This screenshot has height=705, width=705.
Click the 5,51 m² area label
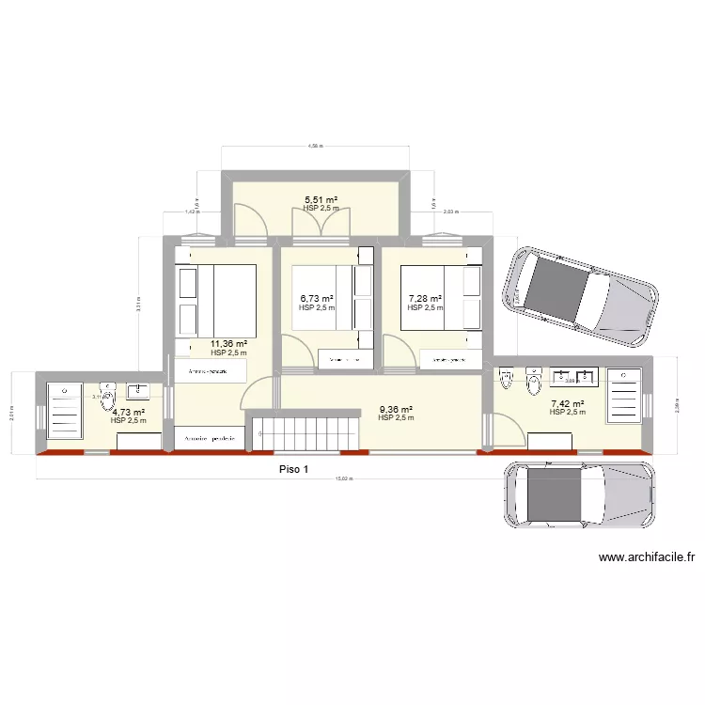321,199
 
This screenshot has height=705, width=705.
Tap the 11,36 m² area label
228,344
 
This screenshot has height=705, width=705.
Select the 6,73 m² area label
316,299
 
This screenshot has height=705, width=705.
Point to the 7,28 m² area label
425,299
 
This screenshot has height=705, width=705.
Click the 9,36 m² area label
396,409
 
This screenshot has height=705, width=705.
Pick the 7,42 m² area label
568,404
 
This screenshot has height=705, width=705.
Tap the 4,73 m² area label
128,412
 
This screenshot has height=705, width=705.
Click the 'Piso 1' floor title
293,470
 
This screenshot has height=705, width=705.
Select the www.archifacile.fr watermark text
646,557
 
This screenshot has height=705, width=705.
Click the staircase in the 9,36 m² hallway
303,433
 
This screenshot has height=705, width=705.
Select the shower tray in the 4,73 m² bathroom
65,410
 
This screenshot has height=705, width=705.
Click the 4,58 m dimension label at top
315,146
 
